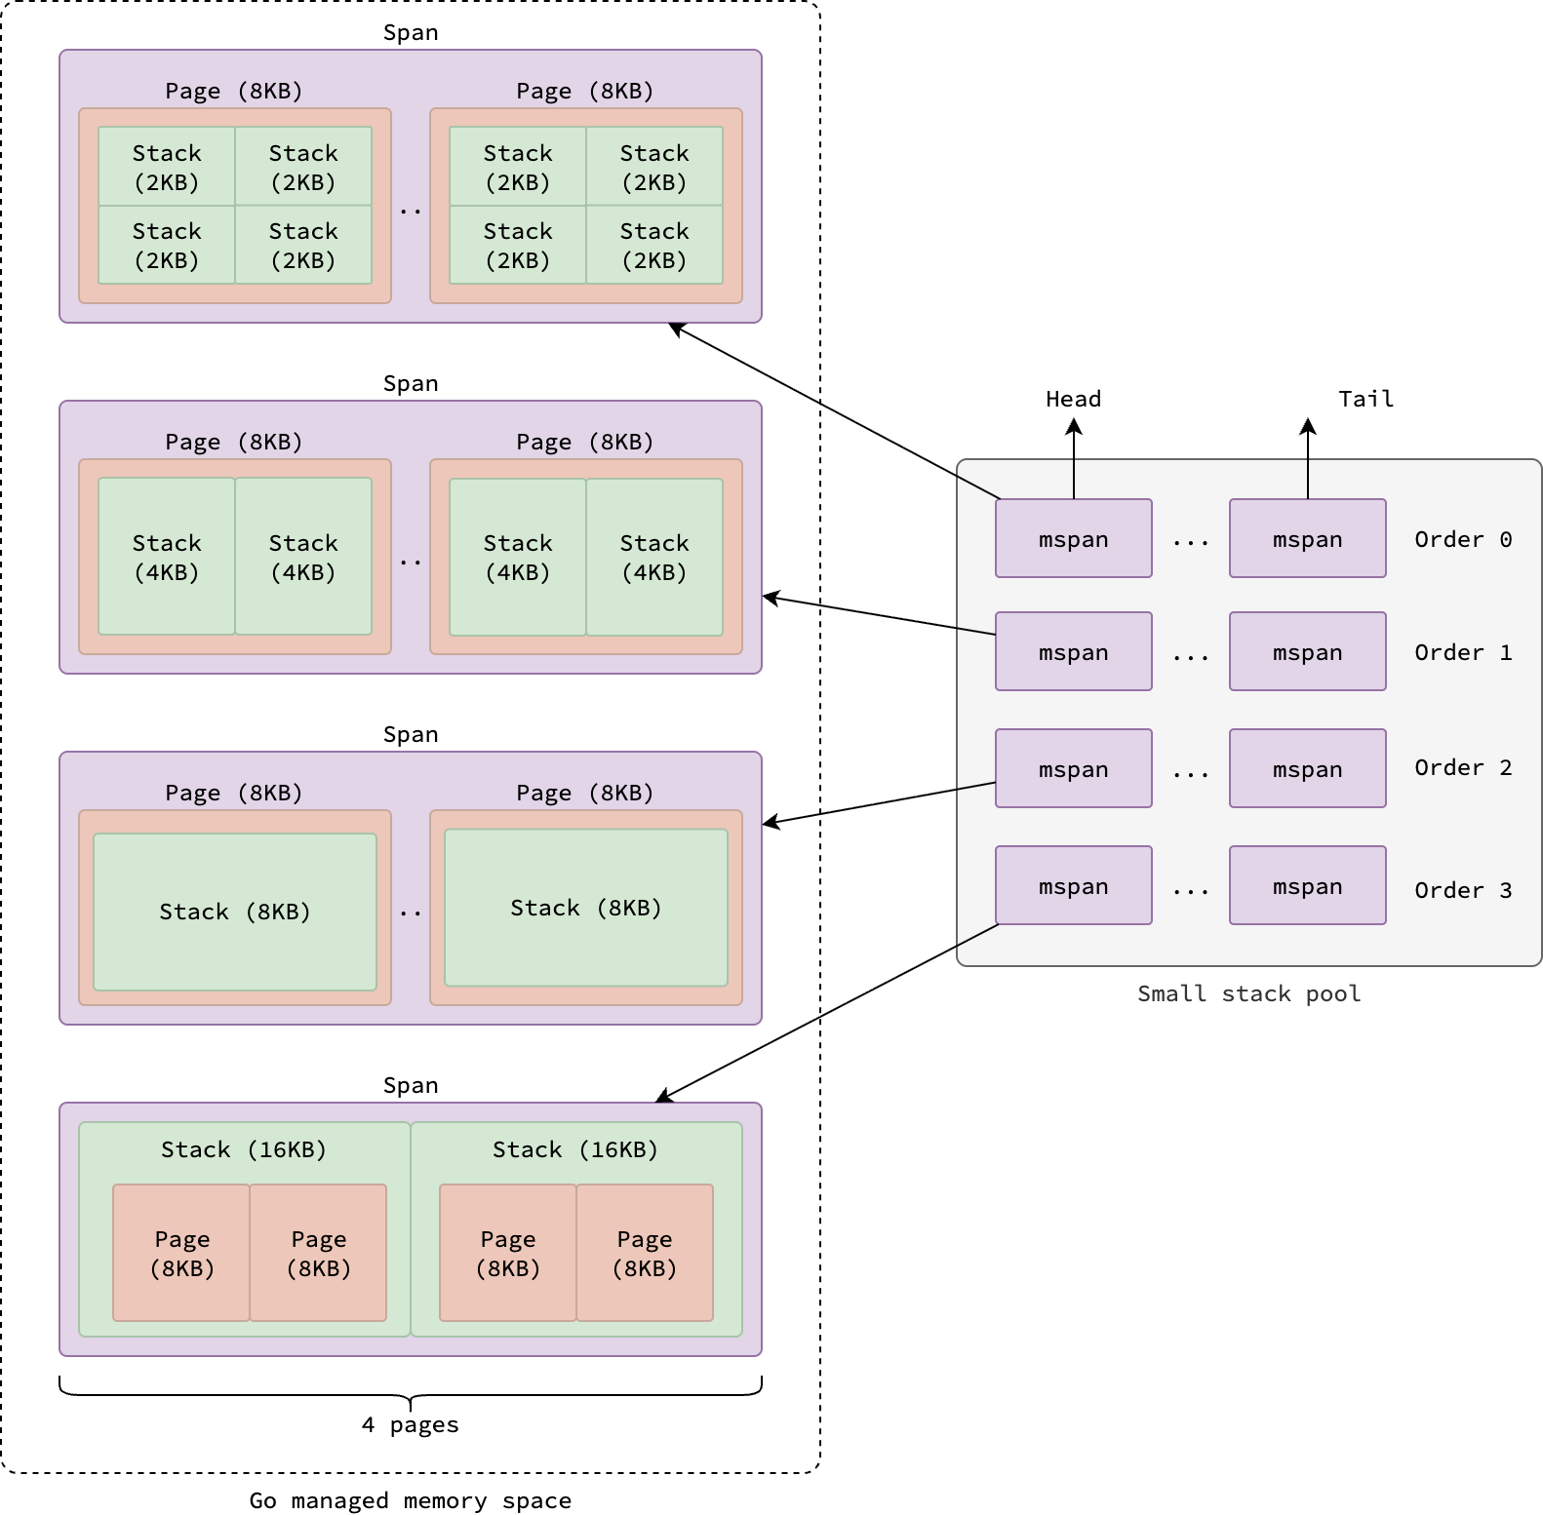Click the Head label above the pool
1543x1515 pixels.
tap(1073, 399)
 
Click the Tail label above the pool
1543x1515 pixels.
tap(1365, 399)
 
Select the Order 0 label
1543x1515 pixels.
tap(1463, 539)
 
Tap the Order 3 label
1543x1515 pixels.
tap(1463, 890)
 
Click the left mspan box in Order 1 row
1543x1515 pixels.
tap(1074, 651)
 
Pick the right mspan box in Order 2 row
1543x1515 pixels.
tap(1308, 768)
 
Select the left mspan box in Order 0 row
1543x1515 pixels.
tap(1074, 538)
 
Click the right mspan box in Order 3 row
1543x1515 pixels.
tap(1308, 885)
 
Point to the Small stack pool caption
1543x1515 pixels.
tap(1248, 993)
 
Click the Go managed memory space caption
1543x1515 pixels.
tap(411, 1500)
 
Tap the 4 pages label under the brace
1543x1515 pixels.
tap(410, 1424)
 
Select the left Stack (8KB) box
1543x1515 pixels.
tap(235, 912)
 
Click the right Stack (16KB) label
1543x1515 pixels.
tap(575, 1149)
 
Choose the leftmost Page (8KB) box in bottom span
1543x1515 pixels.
tap(181, 1253)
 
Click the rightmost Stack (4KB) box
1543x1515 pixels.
tap(654, 557)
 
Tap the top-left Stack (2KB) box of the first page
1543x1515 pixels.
tap(167, 167)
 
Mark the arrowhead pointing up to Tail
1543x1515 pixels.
tap(1308, 426)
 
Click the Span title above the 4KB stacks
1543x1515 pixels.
tap(411, 383)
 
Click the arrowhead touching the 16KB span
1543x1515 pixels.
tap(664, 1096)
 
